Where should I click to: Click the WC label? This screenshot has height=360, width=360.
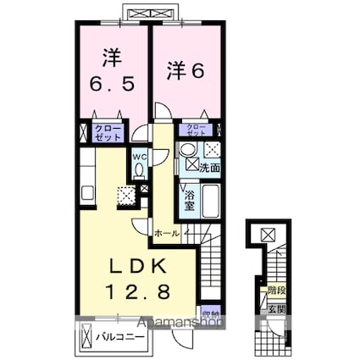point(139,157)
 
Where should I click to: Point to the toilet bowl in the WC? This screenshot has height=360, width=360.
point(140,172)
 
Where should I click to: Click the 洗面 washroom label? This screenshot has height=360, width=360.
point(210,168)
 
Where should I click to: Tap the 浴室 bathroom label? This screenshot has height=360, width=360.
point(191,202)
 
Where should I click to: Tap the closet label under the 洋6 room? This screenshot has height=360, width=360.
point(197,131)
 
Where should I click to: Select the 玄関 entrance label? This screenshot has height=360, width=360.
point(276,310)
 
